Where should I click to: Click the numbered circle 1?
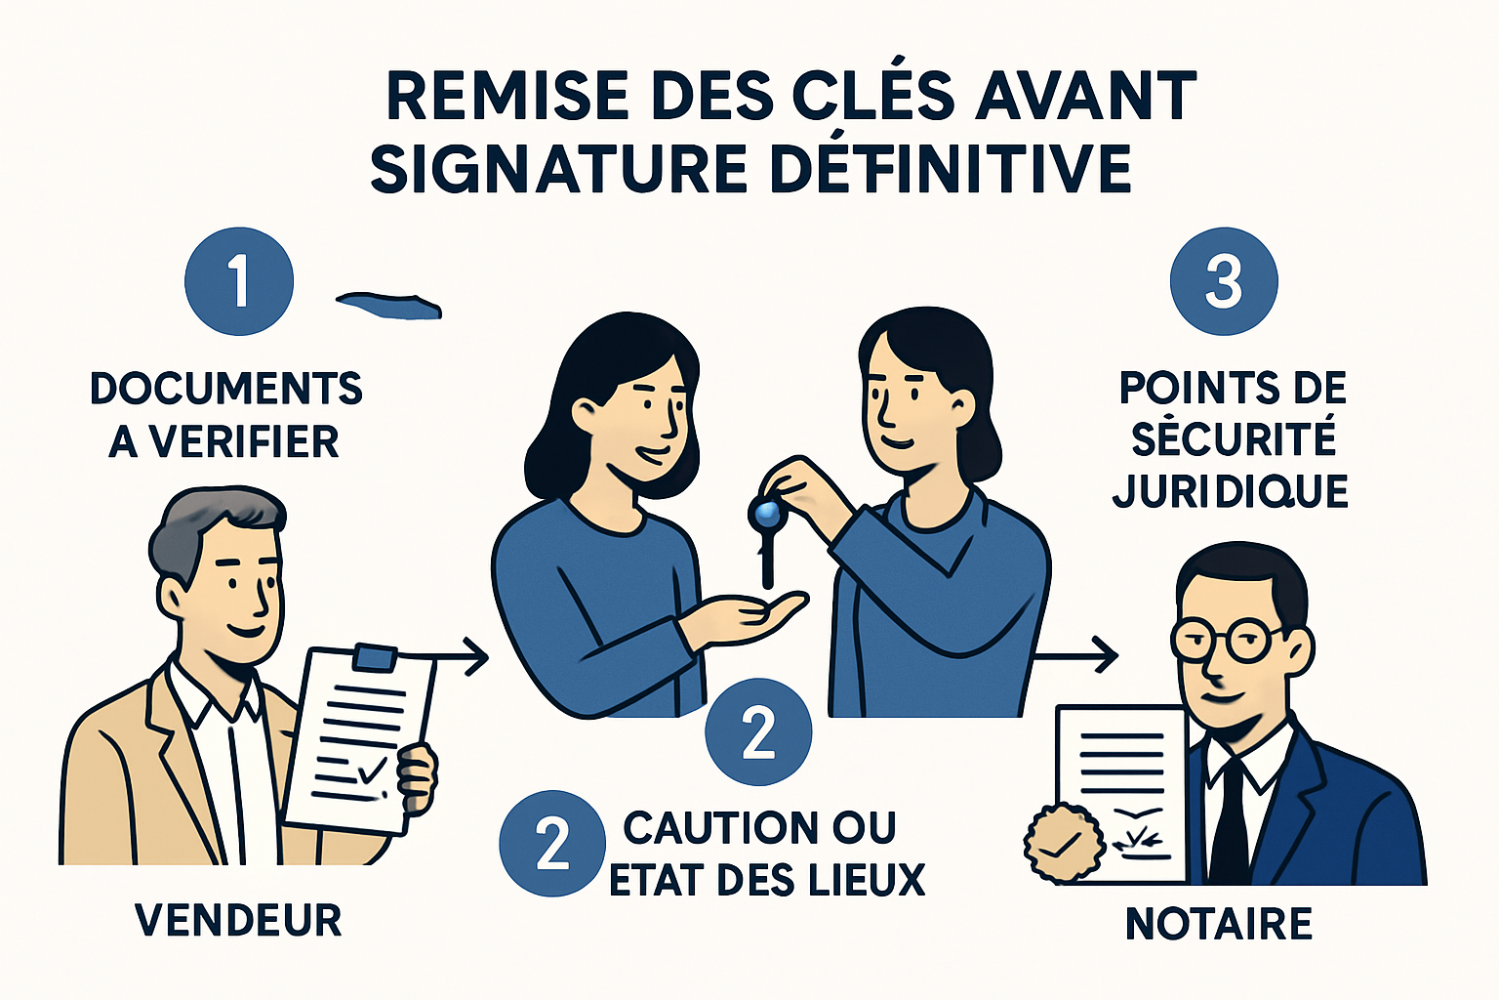[239, 281]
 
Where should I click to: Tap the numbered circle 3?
[1223, 281]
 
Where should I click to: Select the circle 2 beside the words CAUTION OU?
[552, 844]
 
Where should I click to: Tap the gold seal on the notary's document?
[1063, 844]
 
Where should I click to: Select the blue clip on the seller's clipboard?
[374, 657]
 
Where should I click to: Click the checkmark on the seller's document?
[372, 770]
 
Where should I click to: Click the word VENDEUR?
[238, 920]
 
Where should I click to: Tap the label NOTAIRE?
[1219, 924]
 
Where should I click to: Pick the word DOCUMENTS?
[226, 388]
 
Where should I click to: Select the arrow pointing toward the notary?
[1075, 654]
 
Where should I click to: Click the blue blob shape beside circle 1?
[389, 306]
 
